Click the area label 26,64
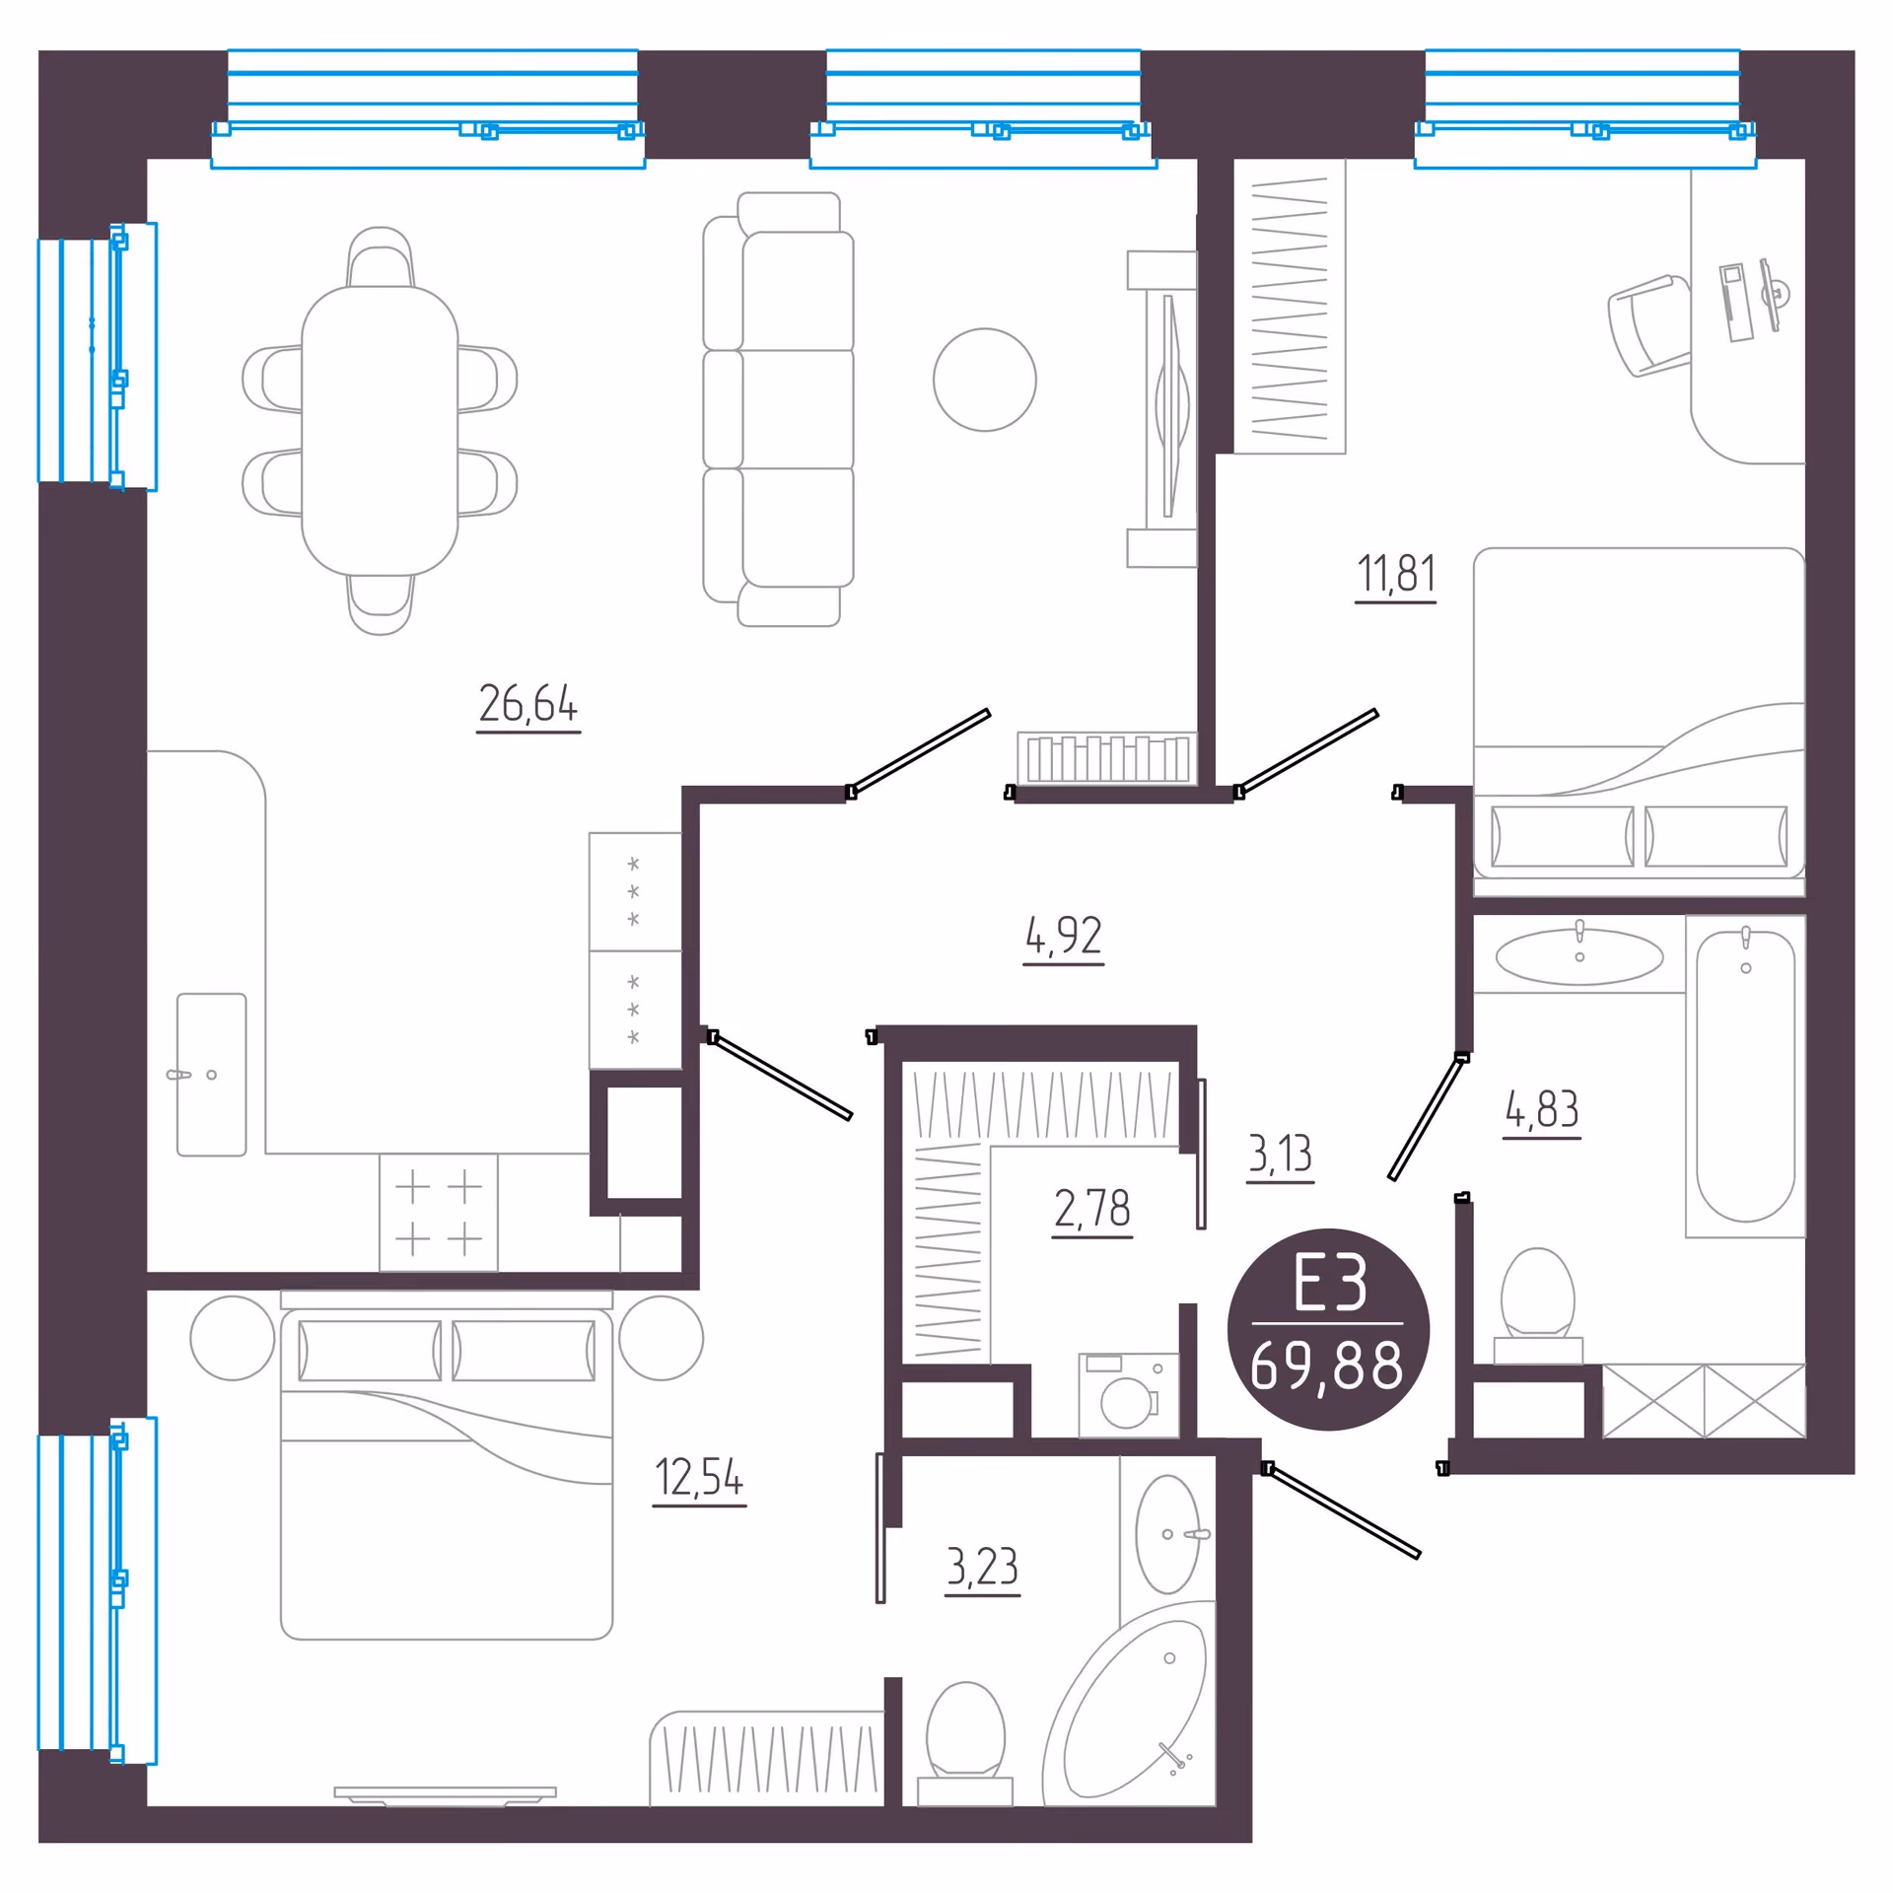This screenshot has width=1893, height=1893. point(528,704)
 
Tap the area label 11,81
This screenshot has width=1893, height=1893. point(1396,574)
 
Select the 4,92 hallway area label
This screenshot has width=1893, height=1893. point(1063,935)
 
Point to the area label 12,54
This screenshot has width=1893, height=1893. point(699,1477)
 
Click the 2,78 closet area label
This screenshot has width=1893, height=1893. point(1091,1208)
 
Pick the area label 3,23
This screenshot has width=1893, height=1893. point(982,1566)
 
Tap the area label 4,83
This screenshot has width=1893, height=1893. point(1542,1109)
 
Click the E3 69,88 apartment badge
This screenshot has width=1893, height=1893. point(1328,1329)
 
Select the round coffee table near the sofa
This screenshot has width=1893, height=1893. point(985,380)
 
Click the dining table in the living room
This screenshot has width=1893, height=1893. point(380,431)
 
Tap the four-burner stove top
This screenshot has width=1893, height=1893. point(439,1213)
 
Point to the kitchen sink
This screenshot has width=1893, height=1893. point(211,1075)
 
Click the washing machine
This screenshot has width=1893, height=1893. point(1129,1395)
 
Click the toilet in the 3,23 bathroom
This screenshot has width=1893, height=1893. point(965,1744)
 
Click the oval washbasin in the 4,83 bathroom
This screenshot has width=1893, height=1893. point(1579,956)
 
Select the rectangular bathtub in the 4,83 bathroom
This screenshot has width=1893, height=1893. point(1745,1077)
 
